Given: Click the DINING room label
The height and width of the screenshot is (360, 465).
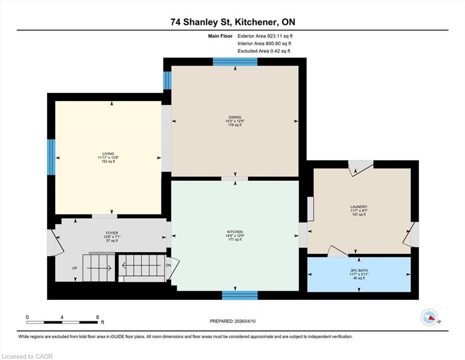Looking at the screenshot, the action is point(235,117).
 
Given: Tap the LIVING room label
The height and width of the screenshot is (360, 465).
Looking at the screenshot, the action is point(108,154).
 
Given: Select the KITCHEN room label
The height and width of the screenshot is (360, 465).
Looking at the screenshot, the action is point(235,232).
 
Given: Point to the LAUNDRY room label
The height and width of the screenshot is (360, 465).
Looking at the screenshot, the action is point(359,207).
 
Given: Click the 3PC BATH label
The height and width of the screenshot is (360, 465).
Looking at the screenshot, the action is point(359,270).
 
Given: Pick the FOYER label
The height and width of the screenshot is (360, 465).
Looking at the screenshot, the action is point(112,233).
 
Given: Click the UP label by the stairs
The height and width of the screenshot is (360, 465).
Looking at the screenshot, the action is point(75,268).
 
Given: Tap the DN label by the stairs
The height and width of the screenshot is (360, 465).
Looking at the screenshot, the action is point(168,265).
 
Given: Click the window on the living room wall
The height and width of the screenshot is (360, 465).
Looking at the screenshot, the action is point(52,157).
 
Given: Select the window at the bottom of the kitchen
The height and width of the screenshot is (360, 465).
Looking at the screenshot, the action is point(240,295).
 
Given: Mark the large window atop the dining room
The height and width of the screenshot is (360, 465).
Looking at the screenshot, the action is point(235,62).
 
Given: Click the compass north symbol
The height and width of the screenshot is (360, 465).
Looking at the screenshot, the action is point(429,317).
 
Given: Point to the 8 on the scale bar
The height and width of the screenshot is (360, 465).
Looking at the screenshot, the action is point(97,317).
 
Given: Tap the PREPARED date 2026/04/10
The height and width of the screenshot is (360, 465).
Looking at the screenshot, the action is point(244,321).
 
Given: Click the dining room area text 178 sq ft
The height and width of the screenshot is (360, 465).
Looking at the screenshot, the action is point(235,125).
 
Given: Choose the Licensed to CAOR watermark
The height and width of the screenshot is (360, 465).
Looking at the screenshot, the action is point(27,356).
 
